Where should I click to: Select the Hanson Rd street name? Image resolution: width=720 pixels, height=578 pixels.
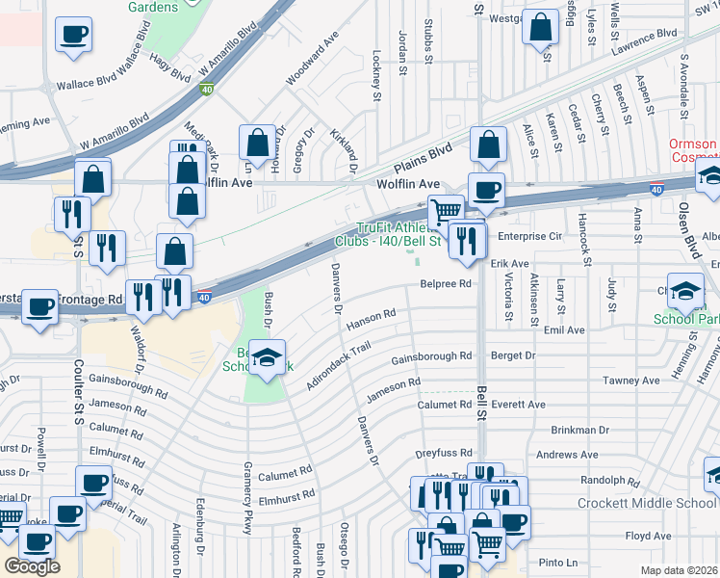tap(372, 316)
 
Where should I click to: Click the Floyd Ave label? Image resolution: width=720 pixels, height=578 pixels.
tap(648, 536)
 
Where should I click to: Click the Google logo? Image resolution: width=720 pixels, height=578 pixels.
tap(32, 565)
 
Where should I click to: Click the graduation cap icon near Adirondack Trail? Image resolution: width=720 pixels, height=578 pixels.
tap(266, 356)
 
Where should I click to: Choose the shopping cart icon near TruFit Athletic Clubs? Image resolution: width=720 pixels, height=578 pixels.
tap(445, 211)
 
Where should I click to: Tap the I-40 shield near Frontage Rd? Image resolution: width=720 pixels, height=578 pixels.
tap(205, 299)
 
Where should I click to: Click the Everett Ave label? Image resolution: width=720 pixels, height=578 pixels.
tap(517, 405)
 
